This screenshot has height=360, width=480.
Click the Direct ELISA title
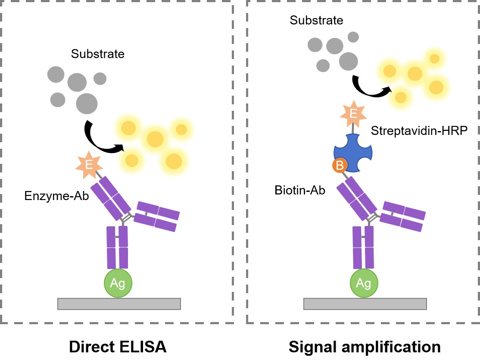click(x=118, y=347)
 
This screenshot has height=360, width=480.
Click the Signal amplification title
click(x=365, y=347)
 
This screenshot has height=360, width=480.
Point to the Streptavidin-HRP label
click(x=418, y=131)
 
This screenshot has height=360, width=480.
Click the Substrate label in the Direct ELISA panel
click(x=98, y=54)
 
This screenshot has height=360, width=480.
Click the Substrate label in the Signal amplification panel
click(x=317, y=20)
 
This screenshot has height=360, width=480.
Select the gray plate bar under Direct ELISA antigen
click(x=119, y=304)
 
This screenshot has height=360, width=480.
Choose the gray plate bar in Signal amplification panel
click(x=365, y=304)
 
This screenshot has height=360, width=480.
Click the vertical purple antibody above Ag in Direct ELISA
click(x=117, y=247)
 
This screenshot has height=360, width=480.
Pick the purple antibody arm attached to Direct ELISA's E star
click(x=110, y=197)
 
